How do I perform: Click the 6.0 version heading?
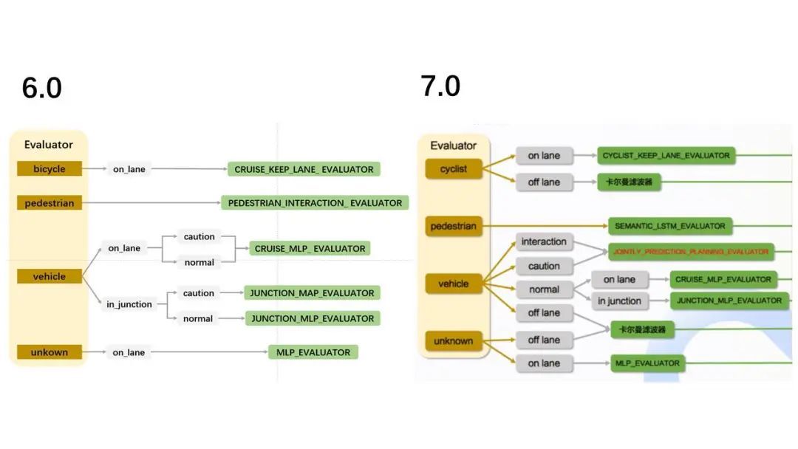tap(42, 88)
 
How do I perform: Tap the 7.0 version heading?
tap(440, 86)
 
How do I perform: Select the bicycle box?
tap(49, 169)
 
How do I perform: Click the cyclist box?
tap(453, 169)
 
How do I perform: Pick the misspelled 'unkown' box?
tap(49, 352)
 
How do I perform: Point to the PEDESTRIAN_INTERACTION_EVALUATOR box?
tap(315, 203)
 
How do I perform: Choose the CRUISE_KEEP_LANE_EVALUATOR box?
tap(304, 169)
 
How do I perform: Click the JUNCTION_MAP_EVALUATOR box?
tap(312, 293)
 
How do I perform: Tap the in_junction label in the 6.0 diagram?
tap(129, 304)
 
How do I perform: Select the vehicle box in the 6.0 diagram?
tap(49, 277)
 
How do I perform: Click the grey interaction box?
tap(544, 242)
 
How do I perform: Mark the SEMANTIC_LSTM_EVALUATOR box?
tap(670, 225)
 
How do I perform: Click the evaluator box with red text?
tap(690, 252)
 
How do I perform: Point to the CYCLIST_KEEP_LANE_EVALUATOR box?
tap(666, 156)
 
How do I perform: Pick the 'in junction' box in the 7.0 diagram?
tap(619, 301)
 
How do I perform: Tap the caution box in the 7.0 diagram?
tap(544, 266)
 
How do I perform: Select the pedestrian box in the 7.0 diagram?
tap(453, 226)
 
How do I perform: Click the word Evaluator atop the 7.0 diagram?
tap(453, 145)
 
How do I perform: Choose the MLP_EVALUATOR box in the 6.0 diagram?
tap(313, 352)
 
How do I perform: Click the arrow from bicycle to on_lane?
tap(95, 169)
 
